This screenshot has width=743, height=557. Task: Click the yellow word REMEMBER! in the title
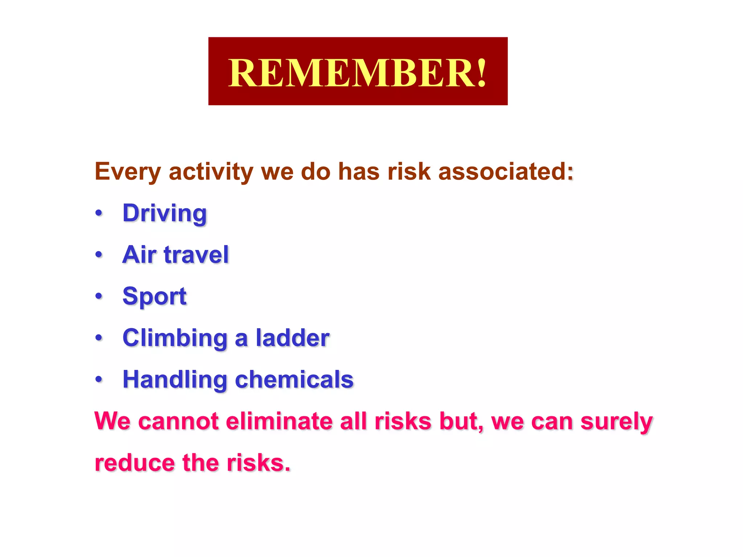click(x=357, y=73)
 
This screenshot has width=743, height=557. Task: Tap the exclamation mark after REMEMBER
click(x=481, y=73)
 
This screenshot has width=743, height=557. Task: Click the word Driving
click(x=164, y=213)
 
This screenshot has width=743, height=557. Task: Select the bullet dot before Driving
click(x=99, y=213)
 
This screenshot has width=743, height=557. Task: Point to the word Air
click(x=139, y=255)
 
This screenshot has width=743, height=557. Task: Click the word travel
click(x=196, y=255)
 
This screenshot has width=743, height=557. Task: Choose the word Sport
click(x=155, y=296)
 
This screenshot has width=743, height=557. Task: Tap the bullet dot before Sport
click(x=99, y=296)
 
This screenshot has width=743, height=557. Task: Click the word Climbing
click(x=175, y=338)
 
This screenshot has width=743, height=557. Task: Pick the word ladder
click(x=292, y=338)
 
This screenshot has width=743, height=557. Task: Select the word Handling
click(x=175, y=380)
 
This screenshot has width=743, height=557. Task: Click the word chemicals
click(x=294, y=380)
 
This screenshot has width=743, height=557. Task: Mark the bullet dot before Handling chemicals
click(x=99, y=380)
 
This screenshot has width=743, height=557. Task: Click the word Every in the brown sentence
click(x=127, y=172)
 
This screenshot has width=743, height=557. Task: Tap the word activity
click(x=211, y=172)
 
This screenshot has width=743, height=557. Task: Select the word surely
click(x=616, y=422)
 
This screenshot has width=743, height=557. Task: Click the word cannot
click(x=178, y=421)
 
